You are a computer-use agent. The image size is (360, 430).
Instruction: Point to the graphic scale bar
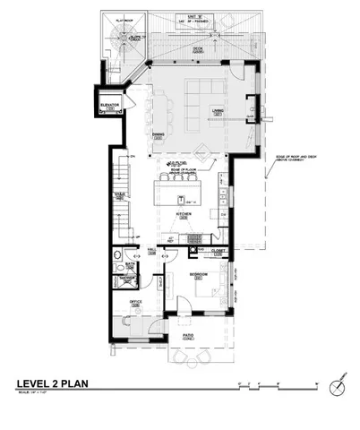pos(278,384)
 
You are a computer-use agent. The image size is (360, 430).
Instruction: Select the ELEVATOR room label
pos(111,105)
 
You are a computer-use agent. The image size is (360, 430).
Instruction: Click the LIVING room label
pos(217,112)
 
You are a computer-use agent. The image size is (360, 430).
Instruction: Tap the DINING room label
pos(158,134)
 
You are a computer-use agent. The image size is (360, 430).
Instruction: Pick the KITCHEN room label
pos(183,215)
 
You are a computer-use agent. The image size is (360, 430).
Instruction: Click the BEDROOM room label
pos(199,272)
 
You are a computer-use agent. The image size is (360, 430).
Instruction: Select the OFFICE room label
pos(135,303)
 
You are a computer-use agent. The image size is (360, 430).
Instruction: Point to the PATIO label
pos(189,337)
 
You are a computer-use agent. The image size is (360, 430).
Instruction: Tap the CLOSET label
pos(218,251)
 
